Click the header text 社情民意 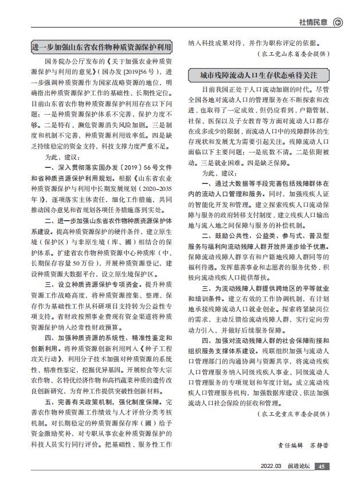313,22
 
